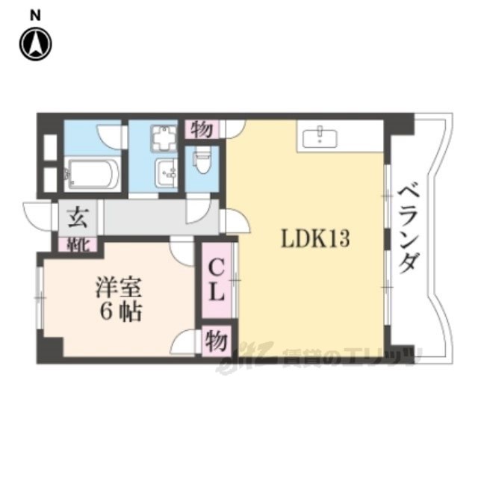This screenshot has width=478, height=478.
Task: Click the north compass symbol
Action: [x=34, y=45]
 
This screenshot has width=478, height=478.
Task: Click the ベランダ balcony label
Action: [x=409, y=232]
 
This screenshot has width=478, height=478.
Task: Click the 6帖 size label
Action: [x=117, y=312]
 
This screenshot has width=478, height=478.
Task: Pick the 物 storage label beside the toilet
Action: [x=202, y=129]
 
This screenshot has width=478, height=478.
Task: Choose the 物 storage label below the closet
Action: [x=216, y=342]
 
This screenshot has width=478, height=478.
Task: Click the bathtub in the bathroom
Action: [x=90, y=175]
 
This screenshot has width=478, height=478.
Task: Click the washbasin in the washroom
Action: [x=164, y=174]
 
